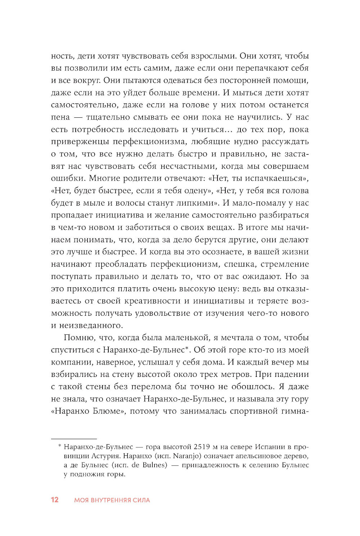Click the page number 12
point(55,500)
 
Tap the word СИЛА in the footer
point(141,500)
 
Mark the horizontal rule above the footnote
point(74,439)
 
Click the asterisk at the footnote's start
point(59,446)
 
